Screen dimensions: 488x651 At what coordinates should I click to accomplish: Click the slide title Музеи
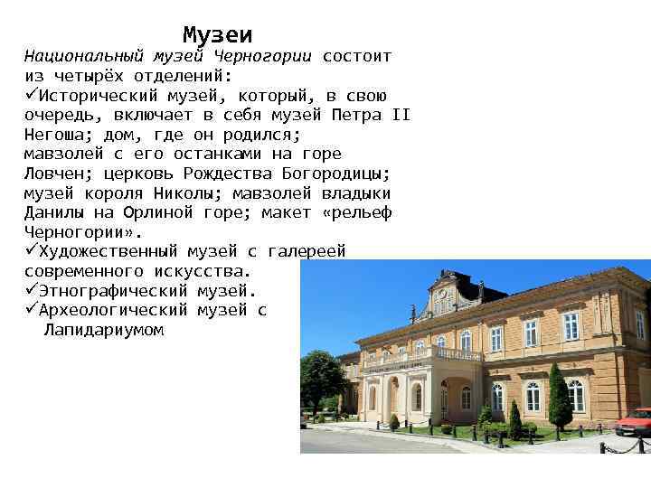(217, 35)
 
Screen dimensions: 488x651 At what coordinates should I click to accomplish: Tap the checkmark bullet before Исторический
(31, 96)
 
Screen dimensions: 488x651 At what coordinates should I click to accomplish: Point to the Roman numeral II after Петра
(401, 115)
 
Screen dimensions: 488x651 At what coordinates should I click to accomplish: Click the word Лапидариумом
(103, 330)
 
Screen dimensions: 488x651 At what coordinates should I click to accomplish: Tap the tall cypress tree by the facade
(560, 398)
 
